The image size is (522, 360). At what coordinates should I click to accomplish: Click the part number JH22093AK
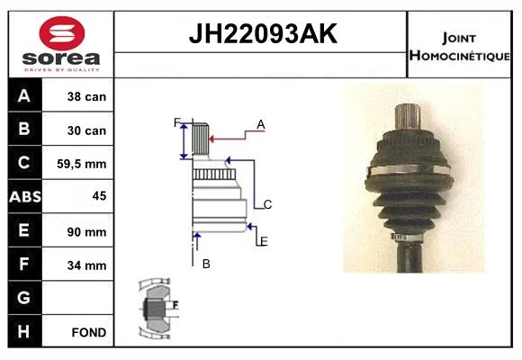click(x=263, y=34)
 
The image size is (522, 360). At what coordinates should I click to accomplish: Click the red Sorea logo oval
click(x=62, y=33)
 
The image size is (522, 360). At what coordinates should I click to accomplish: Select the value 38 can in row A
click(x=86, y=96)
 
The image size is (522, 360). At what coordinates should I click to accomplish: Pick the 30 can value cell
click(x=86, y=130)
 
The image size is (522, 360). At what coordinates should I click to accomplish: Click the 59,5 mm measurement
click(x=82, y=164)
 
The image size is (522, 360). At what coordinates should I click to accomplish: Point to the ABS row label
click(x=25, y=196)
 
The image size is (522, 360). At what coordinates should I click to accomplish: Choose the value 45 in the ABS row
click(x=99, y=196)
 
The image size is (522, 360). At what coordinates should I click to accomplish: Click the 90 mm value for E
click(x=86, y=232)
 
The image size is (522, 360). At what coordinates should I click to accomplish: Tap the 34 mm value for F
click(x=86, y=265)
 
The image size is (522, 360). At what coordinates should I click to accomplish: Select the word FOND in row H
click(x=89, y=332)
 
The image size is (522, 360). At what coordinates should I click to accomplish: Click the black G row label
click(x=25, y=298)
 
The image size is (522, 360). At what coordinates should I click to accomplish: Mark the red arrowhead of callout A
click(x=211, y=139)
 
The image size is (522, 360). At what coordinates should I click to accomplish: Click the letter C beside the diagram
click(x=267, y=204)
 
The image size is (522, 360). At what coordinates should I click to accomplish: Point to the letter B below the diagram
click(x=206, y=264)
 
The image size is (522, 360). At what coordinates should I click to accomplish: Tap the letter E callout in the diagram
click(x=264, y=241)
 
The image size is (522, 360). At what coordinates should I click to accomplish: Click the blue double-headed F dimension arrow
click(x=184, y=140)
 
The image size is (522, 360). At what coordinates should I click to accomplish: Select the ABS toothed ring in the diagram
click(x=214, y=175)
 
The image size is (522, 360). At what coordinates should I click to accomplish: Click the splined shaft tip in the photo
click(x=408, y=116)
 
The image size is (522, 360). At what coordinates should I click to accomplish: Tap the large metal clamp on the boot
click(x=410, y=169)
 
